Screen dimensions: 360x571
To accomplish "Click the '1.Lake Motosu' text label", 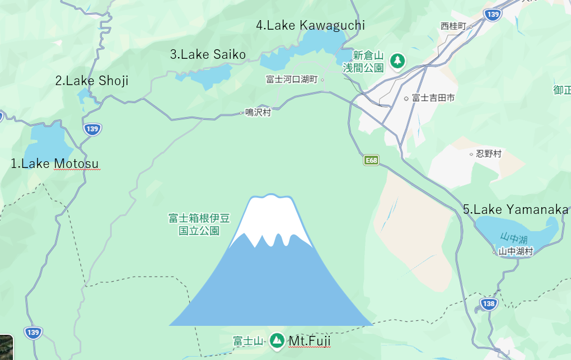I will pos(55,163).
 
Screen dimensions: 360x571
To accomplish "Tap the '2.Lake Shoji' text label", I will pos(92,81).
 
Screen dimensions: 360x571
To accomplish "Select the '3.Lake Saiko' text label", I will pos(208,54).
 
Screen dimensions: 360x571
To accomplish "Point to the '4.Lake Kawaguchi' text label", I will pos(310,25).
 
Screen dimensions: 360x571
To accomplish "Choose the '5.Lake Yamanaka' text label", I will pos(516,209).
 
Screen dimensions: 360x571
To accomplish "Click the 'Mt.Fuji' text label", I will pos(310,340).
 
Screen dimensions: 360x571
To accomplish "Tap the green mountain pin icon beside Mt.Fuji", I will pos(277,340).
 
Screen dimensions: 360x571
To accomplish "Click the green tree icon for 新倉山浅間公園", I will pos(397,60).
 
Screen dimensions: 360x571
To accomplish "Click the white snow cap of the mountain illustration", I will pos(271,216).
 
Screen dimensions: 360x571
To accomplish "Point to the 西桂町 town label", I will pos(453,26).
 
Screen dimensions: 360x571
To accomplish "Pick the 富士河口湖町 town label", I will pos(292,80).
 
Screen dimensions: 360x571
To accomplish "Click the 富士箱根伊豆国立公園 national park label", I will pos(199,224).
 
